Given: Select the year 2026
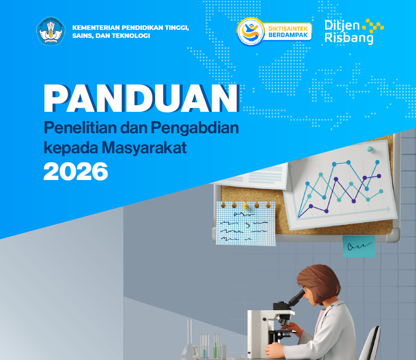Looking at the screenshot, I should click(x=76, y=171).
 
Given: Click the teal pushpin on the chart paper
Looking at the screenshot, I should click(x=369, y=149).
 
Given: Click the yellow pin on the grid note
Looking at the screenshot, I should click(x=245, y=205).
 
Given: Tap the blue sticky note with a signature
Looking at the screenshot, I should click(x=359, y=246).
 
